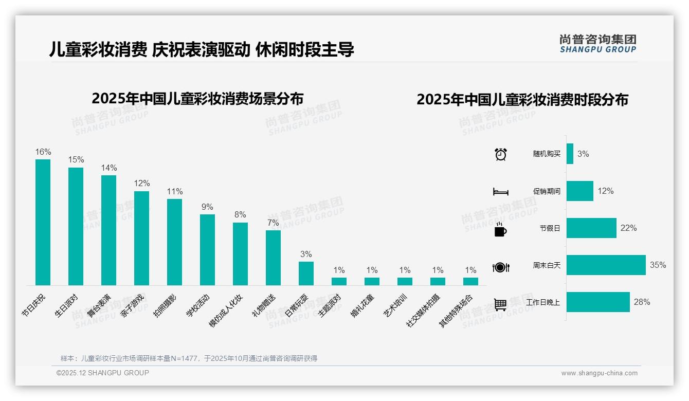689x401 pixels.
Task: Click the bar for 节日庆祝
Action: [x=43, y=222]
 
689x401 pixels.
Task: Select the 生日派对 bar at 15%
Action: [x=76, y=226]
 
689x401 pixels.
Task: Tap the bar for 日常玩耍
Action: [x=306, y=273]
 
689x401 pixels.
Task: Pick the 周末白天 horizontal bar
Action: [x=606, y=265]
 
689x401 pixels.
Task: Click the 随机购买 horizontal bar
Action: [x=570, y=154]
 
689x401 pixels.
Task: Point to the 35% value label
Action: [x=658, y=265]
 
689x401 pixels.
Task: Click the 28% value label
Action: [x=642, y=302]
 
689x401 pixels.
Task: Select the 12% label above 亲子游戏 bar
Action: [x=142, y=184]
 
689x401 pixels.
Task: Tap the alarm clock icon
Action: [x=500, y=154]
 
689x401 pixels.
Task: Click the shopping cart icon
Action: [x=500, y=304]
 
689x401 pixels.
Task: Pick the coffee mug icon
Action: [x=500, y=229]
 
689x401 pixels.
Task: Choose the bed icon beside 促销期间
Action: [x=500, y=192]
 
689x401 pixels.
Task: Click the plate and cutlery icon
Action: [x=500, y=267]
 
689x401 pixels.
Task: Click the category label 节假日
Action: [x=550, y=228]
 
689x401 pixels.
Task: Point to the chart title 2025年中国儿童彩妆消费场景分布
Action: [x=197, y=99]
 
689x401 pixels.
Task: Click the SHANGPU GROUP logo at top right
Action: [x=597, y=44]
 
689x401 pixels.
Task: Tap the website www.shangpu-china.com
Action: [x=599, y=373]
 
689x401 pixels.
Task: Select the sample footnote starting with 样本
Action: [x=189, y=358]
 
